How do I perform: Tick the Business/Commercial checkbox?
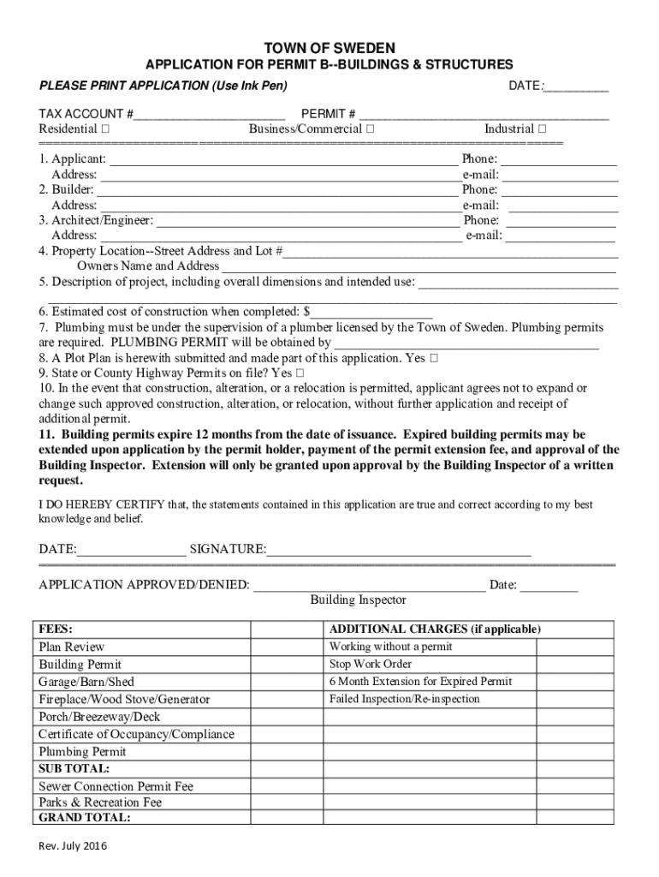(369, 129)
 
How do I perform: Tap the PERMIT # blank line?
(484, 115)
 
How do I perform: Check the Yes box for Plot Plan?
(435, 359)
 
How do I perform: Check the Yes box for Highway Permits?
(300, 374)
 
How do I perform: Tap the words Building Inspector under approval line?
(358, 600)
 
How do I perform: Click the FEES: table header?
(56, 629)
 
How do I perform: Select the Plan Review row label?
(72, 647)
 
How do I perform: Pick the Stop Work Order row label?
(371, 665)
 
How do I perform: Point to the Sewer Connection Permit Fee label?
(116, 786)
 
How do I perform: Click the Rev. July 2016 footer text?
(73, 847)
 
